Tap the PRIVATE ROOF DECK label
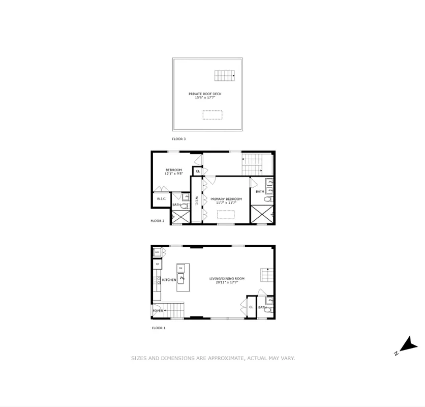click(x=205, y=94)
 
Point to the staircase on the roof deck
click(x=224, y=76)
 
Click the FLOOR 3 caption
click(x=179, y=138)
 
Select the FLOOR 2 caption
click(x=158, y=221)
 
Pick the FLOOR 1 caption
click(x=159, y=328)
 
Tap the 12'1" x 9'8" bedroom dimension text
click(x=173, y=174)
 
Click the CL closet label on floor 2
click(x=197, y=171)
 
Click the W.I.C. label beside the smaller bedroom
click(x=162, y=199)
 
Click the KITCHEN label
click(x=169, y=280)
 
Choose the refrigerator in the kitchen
click(x=158, y=265)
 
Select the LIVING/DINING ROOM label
click(x=227, y=278)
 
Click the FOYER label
click(x=158, y=310)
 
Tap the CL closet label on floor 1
click(x=251, y=307)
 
